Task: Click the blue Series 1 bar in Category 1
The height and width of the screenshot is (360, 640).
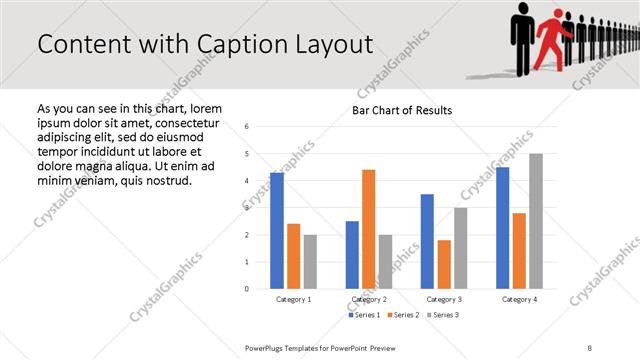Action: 277,231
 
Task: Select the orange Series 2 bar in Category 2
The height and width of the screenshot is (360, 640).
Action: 368,229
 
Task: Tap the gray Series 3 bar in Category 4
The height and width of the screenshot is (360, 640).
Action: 536,221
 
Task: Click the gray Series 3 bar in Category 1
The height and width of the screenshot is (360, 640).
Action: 310,262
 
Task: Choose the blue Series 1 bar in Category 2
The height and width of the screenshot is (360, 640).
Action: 352,255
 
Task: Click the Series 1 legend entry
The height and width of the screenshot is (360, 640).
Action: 363,315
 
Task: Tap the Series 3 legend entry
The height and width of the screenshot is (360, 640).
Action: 443,315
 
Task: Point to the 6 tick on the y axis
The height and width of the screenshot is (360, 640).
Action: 247,127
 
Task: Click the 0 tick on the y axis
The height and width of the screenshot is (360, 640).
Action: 247,289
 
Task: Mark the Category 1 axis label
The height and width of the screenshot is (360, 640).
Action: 293,299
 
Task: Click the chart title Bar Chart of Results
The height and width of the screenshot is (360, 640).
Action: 402,110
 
